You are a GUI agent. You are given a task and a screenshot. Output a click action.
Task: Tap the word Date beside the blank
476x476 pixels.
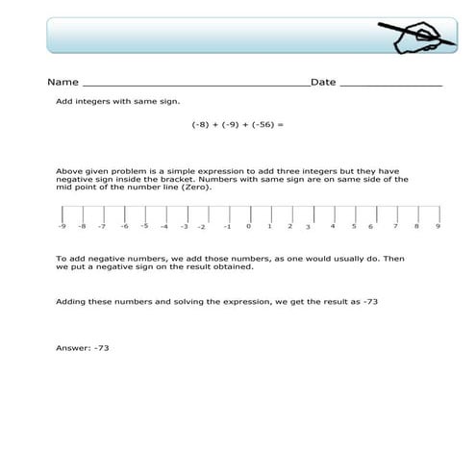point(323,83)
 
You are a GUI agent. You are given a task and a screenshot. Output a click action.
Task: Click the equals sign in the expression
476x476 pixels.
point(283,124)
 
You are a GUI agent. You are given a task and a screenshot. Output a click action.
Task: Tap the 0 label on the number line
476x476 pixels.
point(248,227)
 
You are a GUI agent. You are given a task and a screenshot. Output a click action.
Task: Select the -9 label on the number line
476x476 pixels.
point(62,227)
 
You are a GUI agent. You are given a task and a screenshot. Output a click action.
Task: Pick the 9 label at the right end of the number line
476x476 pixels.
point(438,227)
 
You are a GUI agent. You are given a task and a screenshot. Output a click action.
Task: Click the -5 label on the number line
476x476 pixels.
point(144,226)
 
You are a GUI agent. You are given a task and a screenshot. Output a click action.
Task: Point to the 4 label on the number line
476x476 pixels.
point(333,226)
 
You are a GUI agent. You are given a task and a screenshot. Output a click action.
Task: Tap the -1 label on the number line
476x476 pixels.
point(227,228)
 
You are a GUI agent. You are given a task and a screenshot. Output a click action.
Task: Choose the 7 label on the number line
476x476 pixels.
point(396,226)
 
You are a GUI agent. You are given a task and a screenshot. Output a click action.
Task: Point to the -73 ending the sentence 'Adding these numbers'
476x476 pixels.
point(368,302)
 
